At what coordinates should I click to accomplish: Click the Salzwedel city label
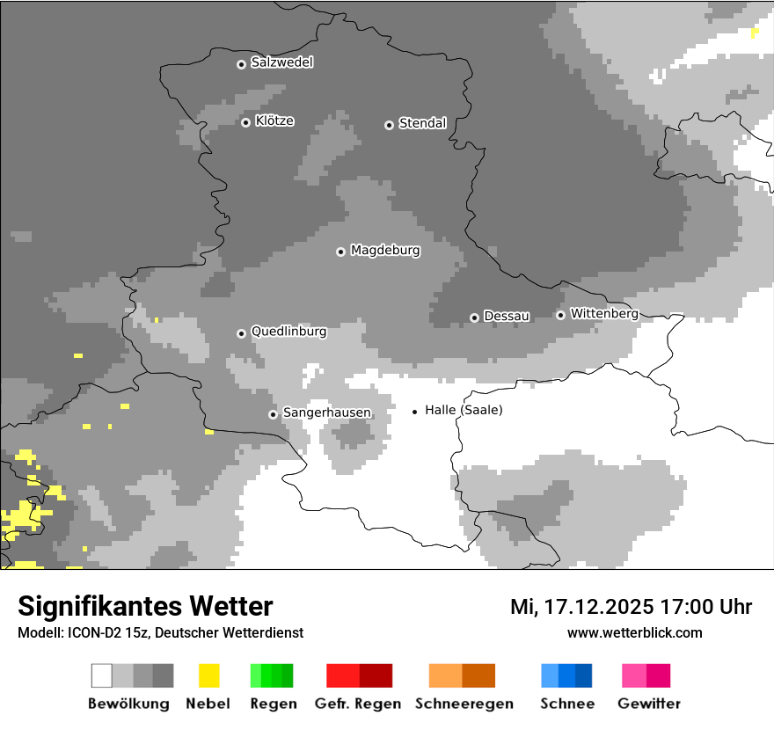(281, 62)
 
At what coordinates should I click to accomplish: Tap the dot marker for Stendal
(389, 125)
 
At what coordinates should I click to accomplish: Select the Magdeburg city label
(385, 251)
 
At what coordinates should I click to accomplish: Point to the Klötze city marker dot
(245, 122)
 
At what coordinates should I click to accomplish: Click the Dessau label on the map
(507, 316)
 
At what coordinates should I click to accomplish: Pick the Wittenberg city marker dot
(560, 315)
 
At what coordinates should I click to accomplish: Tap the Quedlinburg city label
(288, 332)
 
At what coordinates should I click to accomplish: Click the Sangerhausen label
(326, 412)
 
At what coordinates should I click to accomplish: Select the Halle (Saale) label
(464, 410)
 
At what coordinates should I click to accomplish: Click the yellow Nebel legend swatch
(208, 675)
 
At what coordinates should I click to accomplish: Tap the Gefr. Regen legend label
(358, 704)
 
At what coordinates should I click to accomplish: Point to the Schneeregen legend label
(464, 704)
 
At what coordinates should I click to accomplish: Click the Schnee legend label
(566, 704)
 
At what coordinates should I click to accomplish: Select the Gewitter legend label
(649, 704)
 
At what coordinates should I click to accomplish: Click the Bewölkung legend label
(128, 704)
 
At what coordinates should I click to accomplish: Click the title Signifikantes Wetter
(145, 606)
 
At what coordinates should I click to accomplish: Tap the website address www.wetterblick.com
(634, 632)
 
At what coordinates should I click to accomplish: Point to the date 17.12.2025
(598, 607)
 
